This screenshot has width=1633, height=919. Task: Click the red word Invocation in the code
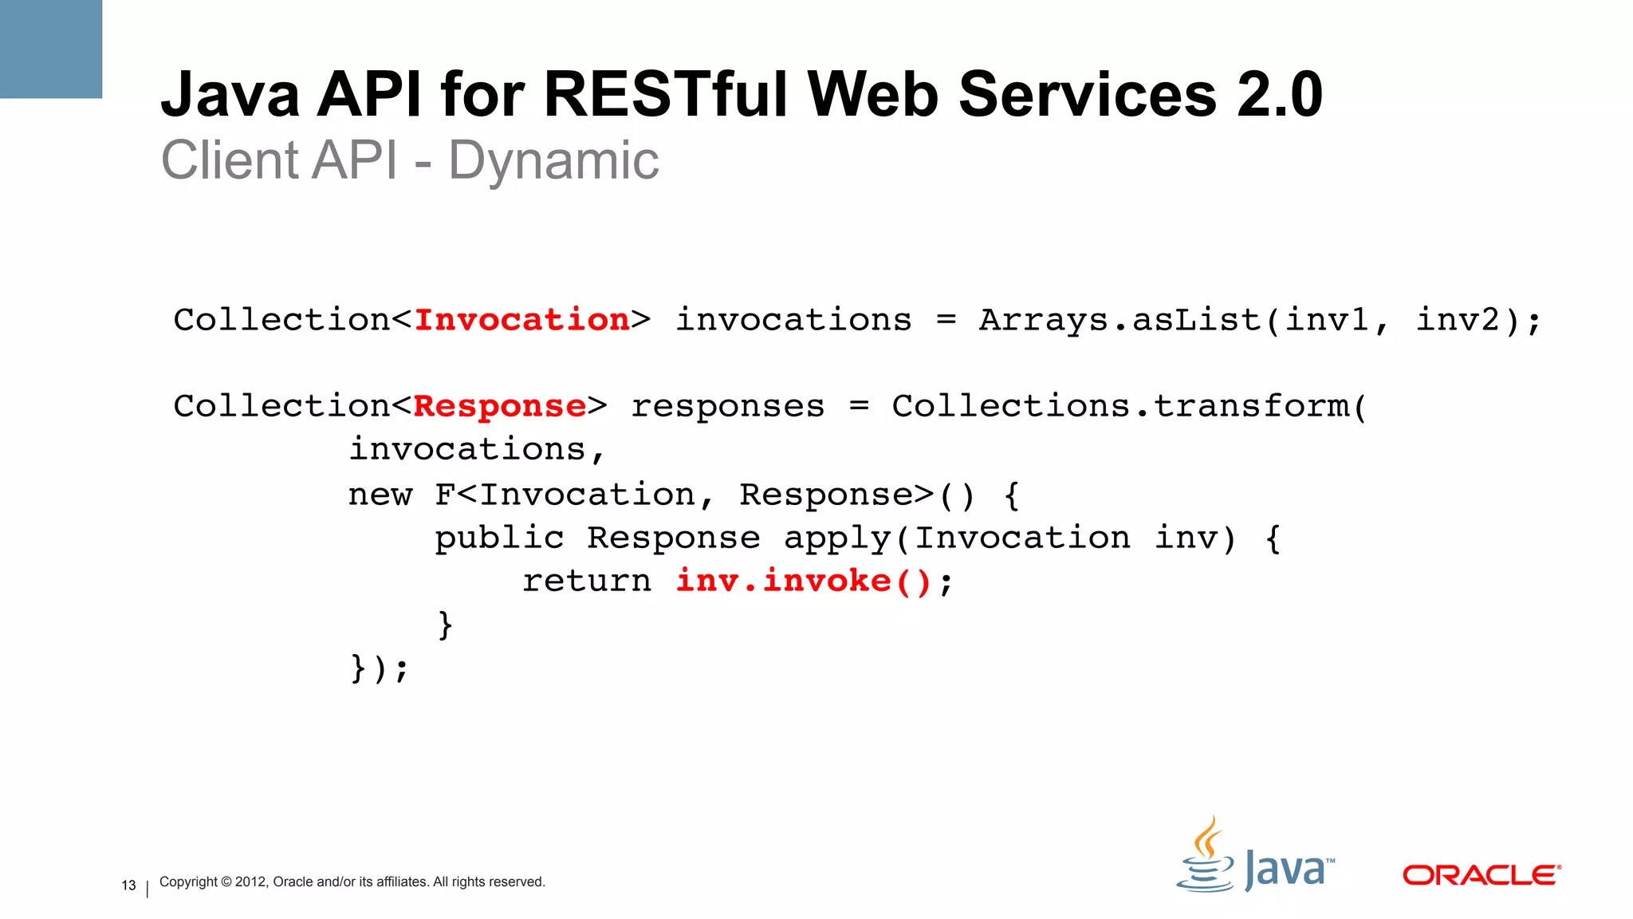[x=522, y=320]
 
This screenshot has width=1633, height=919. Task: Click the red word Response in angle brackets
[x=500, y=407]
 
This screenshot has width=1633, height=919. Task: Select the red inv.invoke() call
[x=804, y=581]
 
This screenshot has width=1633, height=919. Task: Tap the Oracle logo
[x=1482, y=875]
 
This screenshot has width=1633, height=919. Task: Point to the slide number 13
[x=128, y=885]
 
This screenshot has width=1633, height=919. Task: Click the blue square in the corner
[x=50, y=49]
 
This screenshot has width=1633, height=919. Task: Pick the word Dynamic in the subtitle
[x=553, y=161]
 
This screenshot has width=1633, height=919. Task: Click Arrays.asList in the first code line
[x=1119, y=320]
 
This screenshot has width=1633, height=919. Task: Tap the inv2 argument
[x=1458, y=320]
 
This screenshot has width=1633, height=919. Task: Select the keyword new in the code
[x=380, y=495]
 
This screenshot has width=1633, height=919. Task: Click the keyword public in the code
[x=499, y=538]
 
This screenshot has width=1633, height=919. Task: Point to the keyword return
[x=587, y=581]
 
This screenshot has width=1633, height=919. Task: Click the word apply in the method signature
[x=837, y=538]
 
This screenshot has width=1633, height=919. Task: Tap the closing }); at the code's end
[x=380, y=668]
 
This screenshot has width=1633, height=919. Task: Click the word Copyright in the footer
[x=188, y=882]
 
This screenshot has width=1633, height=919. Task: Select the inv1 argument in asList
[x=1328, y=320]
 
